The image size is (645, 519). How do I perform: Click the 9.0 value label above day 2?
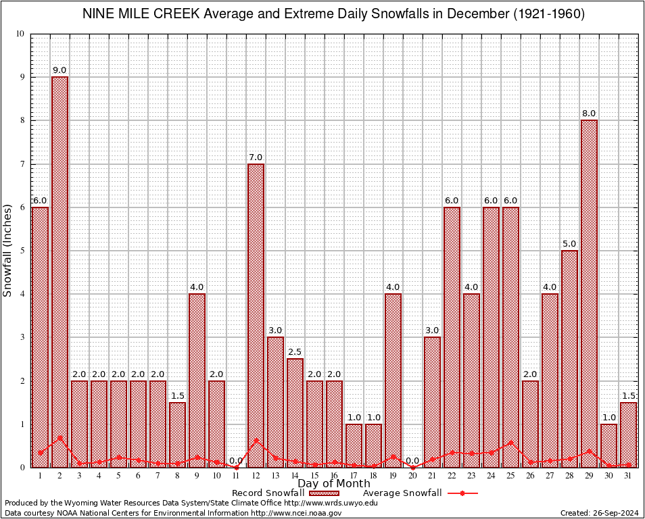(59, 70)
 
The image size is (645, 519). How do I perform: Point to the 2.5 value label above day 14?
(295, 352)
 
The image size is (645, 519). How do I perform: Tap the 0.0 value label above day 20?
(412, 461)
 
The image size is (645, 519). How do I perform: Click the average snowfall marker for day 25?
(510, 442)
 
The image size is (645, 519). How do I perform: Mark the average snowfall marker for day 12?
(256, 440)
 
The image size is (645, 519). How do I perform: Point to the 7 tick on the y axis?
(21, 164)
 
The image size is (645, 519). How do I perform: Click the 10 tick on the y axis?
(20, 34)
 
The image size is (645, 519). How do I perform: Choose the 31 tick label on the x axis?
(628, 476)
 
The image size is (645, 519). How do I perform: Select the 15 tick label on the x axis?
(314, 476)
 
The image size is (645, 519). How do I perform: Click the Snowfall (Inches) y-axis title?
(8, 250)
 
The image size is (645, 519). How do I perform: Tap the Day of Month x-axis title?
(333, 484)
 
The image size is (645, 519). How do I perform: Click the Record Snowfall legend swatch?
(324, 493)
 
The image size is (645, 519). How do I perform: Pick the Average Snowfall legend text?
(402, 493)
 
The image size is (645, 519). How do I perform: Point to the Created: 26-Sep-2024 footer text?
(599, 514)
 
